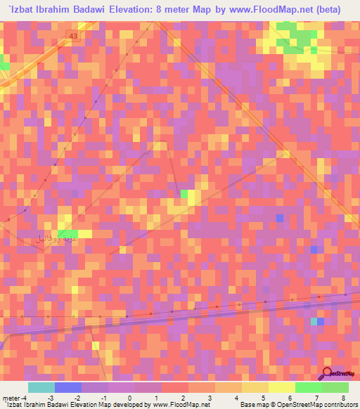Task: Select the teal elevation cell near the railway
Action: point(314,321)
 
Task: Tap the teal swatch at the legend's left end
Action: point(41,387)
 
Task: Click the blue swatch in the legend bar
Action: point(68,387)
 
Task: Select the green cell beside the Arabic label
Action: point(67,234)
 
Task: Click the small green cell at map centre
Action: point(185,193)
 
